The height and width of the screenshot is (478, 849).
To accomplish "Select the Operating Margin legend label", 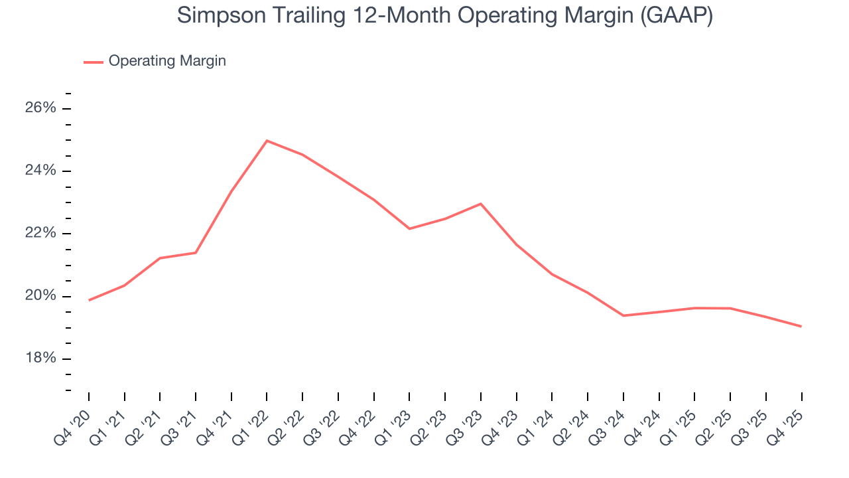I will (167, 61).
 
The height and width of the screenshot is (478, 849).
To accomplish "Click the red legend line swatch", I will (93, 62).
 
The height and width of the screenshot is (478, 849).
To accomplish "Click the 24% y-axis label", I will (40, 171).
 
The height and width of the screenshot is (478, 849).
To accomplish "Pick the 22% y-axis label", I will (40, 233).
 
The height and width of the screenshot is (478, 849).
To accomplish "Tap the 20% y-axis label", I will (40, 296).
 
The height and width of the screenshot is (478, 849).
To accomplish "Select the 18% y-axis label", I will (40, 358).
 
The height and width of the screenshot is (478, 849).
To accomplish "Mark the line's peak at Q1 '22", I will (267, 141).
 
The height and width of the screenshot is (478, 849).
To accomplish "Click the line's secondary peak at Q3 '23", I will (481, 204).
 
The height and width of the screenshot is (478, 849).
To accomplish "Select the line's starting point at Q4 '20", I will (89, 300).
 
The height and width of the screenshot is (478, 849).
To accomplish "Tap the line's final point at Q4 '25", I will (801, 326).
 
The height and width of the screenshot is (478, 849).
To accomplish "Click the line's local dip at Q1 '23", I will (409, 228).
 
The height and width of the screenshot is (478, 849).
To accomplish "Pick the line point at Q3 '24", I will (623, 315).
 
